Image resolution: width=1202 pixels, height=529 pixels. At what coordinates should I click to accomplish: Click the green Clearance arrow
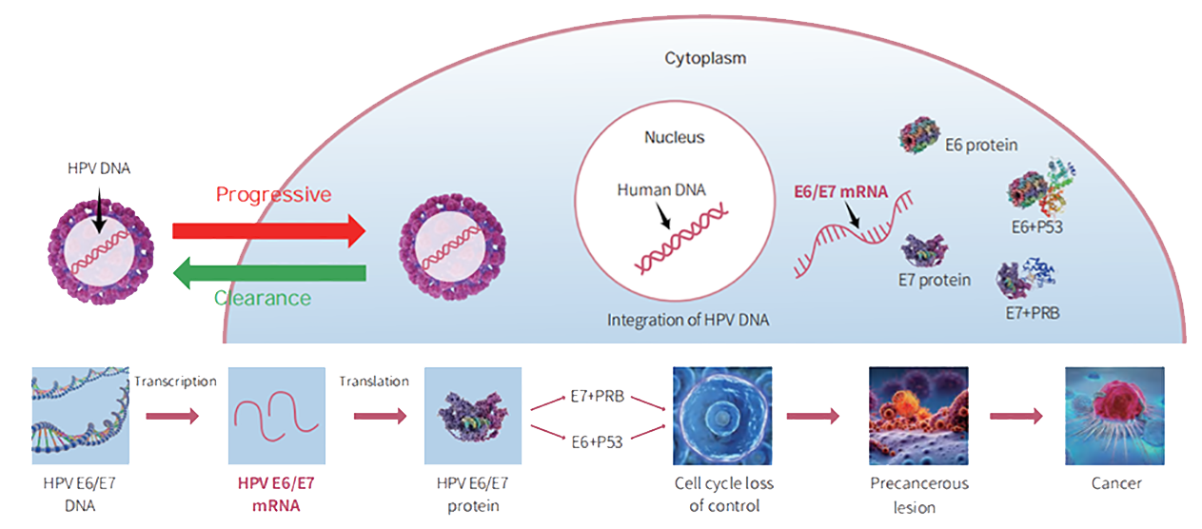(268, 274)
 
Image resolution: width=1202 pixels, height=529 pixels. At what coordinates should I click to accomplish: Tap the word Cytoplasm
(704, 58)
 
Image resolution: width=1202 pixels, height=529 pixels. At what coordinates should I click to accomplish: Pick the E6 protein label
(982, 146)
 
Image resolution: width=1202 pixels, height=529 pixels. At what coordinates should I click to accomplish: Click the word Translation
(374, 382)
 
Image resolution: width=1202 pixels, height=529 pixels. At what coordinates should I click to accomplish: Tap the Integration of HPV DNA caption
(687, 321)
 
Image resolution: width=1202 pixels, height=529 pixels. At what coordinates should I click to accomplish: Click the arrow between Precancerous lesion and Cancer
(1016, 416)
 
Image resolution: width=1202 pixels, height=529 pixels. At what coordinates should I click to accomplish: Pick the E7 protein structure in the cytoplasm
(924, 250)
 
